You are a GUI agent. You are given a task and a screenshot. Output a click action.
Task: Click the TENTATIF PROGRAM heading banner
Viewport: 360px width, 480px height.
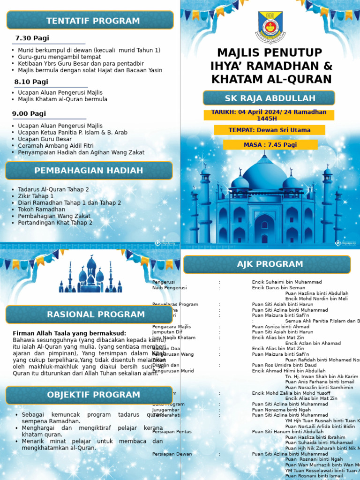(90, 21)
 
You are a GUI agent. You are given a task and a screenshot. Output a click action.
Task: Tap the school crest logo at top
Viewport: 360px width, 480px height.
(270, 27)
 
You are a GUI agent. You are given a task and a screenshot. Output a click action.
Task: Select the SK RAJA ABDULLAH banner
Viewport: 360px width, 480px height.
(269, 98)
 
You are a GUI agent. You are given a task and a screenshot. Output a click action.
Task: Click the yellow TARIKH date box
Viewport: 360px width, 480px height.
(269, 115)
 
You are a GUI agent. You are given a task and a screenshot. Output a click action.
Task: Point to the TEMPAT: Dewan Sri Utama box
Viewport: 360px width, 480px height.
(269, 130)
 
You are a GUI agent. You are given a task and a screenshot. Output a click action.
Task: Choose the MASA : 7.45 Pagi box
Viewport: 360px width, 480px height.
(270, 145)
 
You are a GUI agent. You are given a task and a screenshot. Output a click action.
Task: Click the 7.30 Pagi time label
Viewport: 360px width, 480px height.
(32, 38)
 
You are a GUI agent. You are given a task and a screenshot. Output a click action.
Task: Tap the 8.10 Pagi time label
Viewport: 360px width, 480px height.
(31, 82)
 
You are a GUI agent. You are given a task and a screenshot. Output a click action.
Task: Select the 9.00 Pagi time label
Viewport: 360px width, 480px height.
(29, 113)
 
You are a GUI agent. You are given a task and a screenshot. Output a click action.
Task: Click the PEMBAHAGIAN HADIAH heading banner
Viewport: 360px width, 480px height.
(89, 171)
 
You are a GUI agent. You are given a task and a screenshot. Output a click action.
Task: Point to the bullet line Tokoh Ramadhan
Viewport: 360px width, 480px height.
(41, 210)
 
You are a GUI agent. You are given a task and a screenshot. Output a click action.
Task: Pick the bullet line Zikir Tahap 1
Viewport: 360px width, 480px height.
(36, 196)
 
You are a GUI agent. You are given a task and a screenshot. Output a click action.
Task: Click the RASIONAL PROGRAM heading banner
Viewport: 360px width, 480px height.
(89, 315)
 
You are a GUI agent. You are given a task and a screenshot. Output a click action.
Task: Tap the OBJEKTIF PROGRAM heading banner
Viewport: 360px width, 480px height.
(89, 395)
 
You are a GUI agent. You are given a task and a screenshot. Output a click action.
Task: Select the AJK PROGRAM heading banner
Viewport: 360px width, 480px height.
(267, 264)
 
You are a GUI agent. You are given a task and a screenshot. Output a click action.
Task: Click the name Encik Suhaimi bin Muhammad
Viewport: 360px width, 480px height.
(286, 282)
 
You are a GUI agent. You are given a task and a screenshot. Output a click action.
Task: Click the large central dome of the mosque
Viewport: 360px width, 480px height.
(265, 173)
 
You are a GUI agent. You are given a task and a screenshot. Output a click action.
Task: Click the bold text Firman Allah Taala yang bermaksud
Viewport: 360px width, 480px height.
(69, 333)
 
